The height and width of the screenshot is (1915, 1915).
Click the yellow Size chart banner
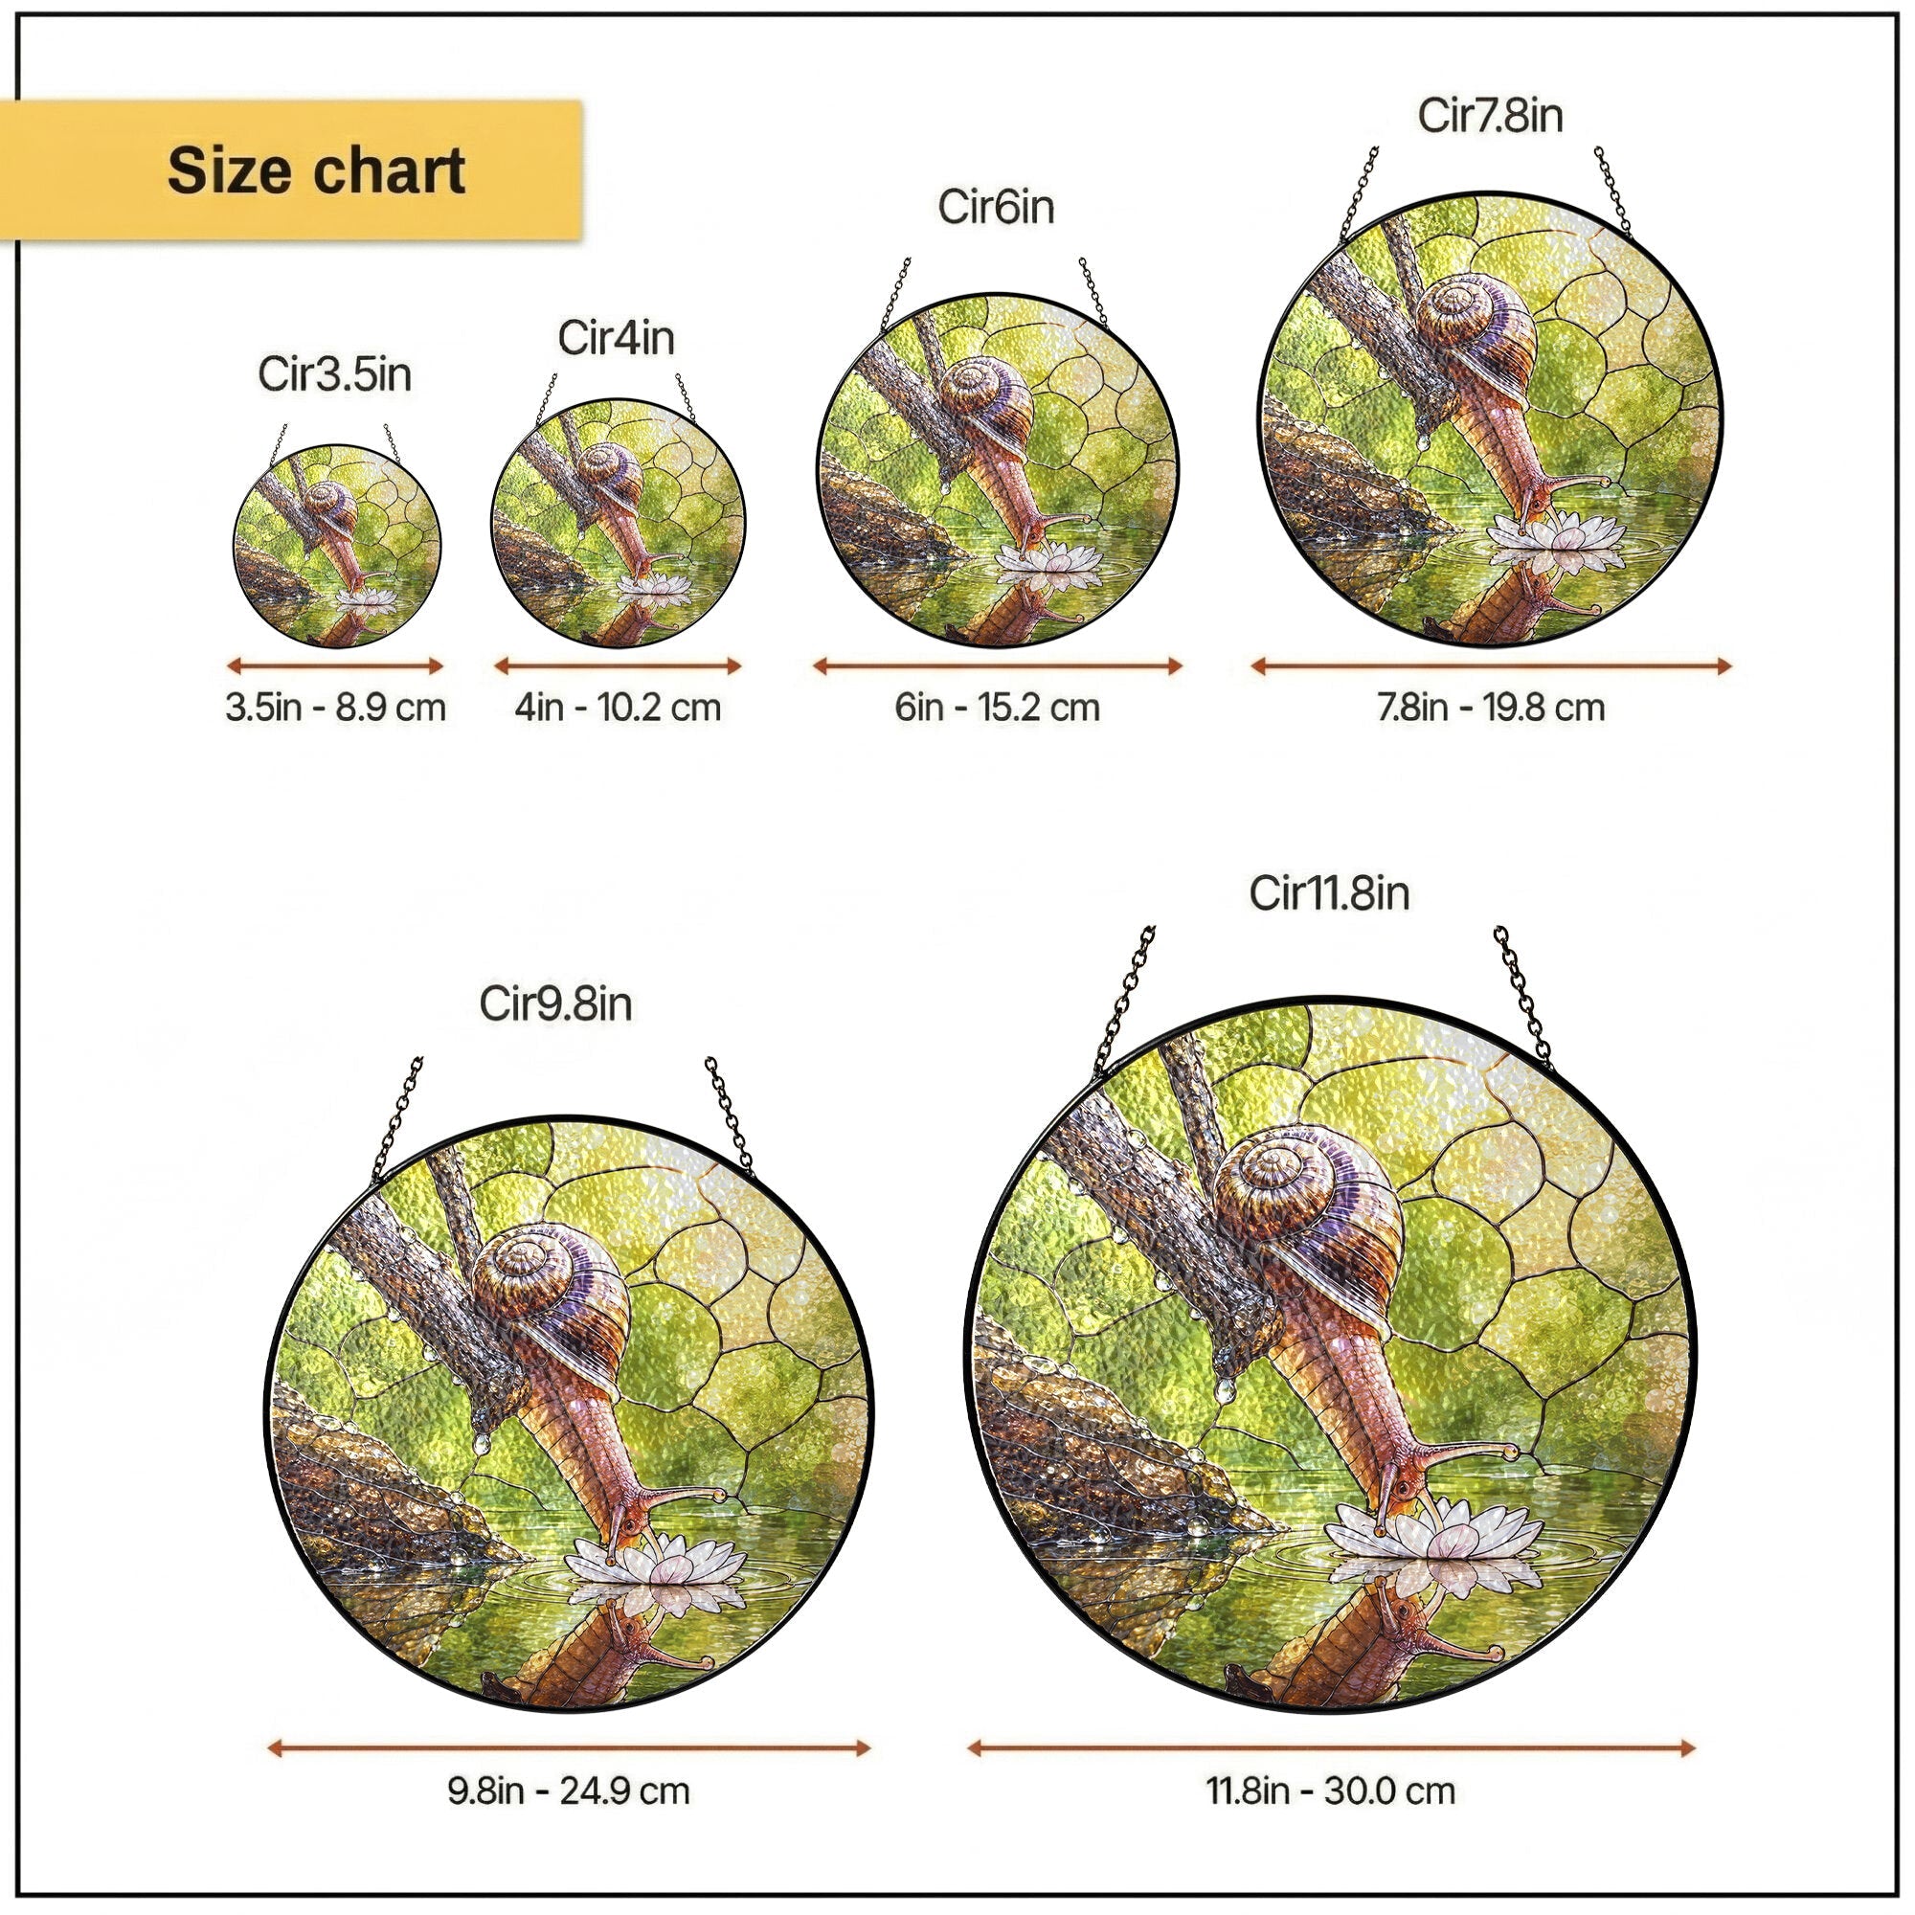(x=290, y=169)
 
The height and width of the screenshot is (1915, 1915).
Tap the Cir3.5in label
(x=335, y=374)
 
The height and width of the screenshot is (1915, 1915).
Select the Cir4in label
(x=617, y=338)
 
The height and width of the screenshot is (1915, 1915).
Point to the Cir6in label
(x=996, y=207)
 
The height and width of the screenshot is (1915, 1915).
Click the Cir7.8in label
(x=1490, y=115)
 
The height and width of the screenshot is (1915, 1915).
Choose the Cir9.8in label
(x=555, y=1004)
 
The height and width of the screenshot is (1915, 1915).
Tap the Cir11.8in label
(x=1329, y=893)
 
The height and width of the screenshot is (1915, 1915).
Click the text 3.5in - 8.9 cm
(x=335, y=708)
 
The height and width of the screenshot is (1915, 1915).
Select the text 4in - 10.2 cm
(x=618, y=708)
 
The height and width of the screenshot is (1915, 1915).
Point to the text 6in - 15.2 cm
(x=997, y=708)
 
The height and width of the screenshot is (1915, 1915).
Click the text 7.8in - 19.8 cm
(x=1491, y=708)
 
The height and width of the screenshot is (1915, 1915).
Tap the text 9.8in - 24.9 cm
(x=569, y=1791)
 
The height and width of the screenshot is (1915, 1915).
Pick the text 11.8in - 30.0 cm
(x=1330, y=1791)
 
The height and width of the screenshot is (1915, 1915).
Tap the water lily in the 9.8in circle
(x=655, y=1569)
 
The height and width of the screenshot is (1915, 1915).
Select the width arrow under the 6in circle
(x=997, y=666)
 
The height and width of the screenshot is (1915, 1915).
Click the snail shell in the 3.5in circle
(x=331, y=506)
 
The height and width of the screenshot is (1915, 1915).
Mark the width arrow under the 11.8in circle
(x=1331, y=1747)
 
